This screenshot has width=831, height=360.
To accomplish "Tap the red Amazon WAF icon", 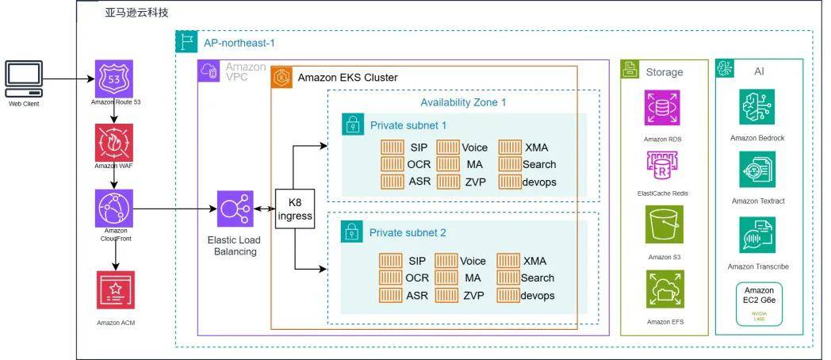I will [113, 143].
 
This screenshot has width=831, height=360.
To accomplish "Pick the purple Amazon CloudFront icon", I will [113, 208].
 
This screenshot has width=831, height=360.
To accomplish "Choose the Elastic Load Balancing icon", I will [235, 209].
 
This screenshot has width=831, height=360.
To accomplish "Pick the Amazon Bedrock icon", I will [758, 107].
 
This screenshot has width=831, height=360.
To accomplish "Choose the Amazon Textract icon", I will [758, 170].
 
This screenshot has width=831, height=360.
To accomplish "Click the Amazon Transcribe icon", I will [758, 236].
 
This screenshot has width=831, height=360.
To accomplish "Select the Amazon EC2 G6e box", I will [759, 303].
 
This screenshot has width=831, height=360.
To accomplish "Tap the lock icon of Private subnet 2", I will [351, 232].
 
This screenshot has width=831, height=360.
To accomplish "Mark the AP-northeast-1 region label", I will [239, 42].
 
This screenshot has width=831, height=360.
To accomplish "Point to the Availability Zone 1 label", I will [462, 101].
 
